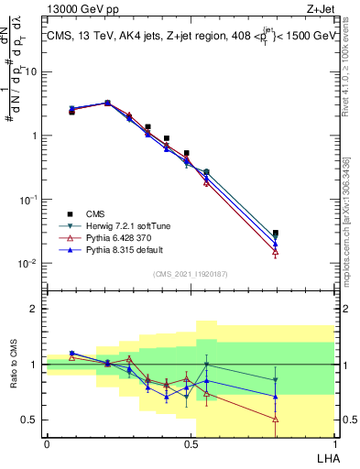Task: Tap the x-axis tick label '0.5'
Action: coord(191,442)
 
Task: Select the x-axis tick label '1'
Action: coord(334,442)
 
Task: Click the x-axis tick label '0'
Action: coord(47,442)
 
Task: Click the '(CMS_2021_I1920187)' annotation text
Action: coord(190,274)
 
